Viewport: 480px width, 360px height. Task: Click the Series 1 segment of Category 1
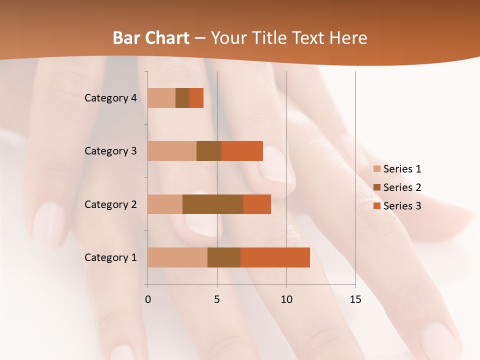pos(177,257)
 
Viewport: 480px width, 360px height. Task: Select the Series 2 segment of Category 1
pos(224,257)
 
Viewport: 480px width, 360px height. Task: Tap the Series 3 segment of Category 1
pos(275,257)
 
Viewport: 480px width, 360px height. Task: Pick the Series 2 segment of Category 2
pos(213,204)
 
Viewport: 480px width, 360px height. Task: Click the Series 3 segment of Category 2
pos(257,204)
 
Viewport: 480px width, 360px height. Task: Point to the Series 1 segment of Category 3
pos(172,151)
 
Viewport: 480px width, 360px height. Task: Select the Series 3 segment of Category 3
pos(242,151)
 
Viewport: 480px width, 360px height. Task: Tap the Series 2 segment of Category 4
pos(182,98)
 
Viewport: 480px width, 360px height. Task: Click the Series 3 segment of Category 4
pos(196,98)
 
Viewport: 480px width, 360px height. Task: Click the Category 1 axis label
pos(110,257)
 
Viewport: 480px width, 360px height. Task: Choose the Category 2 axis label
pos(110,204)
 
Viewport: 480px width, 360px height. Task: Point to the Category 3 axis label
pos(110,151)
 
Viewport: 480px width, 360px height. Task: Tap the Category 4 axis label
pos(110,98)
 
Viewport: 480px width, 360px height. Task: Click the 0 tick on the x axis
pos(148,299)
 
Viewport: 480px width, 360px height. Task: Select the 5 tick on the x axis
pos(217,299)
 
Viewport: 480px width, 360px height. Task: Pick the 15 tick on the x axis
pos(355,299)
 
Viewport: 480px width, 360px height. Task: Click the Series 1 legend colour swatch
pos(377,169)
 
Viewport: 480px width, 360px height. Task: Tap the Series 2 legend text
pos(402,187)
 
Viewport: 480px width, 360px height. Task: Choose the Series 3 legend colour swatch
pos(377,206)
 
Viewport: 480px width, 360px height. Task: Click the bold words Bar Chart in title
pos(151,38)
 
